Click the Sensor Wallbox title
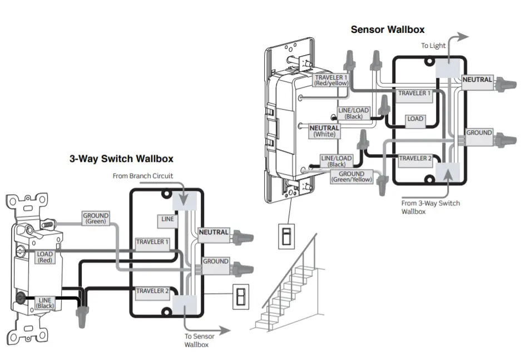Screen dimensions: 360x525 click(x=387, y=29)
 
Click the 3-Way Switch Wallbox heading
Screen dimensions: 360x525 click(x=121, y=158)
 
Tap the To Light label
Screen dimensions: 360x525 click(x=433, y=46)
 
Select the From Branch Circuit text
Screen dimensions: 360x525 click(x=142, y=176)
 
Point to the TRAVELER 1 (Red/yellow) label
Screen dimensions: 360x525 click(x=331, y=80)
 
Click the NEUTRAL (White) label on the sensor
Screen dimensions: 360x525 click(x=324, y=131)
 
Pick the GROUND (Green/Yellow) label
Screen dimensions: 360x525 click(x=351, y=177)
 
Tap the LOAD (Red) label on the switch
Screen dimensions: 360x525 click(x=45, y=257)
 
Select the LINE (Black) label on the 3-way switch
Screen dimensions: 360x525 click(x=44, y=303)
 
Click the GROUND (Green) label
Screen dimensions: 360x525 click(x=96, y=218)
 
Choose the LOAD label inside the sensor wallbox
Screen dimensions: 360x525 click(x=415, y=119)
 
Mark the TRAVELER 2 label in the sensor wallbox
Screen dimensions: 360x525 click(x=415, y=159)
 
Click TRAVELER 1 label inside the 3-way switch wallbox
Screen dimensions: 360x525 click(x=152, y=242)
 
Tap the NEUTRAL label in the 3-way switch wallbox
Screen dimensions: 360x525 click(x=214, y=232)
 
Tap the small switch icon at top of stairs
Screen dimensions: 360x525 click(x=284, y=236)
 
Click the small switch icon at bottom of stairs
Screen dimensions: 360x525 click(x=241, y=297)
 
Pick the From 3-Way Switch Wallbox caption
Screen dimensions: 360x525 click(x=430, y=207)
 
